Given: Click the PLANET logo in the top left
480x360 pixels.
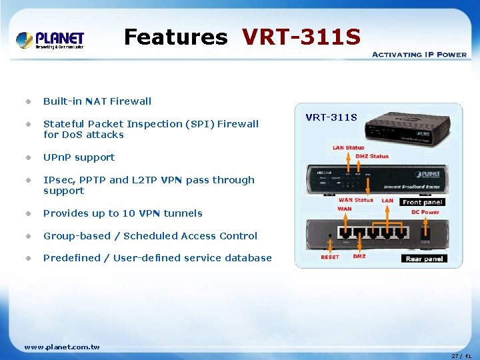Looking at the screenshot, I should click(50, 40).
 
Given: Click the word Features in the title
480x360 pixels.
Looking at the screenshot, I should click(175, 37).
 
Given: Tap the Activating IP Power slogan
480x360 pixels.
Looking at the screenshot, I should click(419, 55).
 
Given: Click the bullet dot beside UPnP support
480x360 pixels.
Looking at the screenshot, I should click(28, 158).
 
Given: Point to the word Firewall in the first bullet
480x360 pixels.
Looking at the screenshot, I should click(131, 101).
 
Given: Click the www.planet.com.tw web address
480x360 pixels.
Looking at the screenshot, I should click(62, 347).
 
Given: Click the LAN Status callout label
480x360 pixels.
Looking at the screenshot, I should click(349, 148).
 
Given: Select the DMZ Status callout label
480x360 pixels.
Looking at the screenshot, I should click(372, 157).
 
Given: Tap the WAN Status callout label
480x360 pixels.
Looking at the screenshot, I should click(355, 200).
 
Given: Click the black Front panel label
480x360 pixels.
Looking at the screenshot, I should click(422, 202).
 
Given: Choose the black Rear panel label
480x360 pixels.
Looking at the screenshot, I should click(424, 259).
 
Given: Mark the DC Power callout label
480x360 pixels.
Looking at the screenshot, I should click(425, 212).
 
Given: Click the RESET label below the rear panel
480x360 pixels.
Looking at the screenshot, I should click(330, 257).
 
